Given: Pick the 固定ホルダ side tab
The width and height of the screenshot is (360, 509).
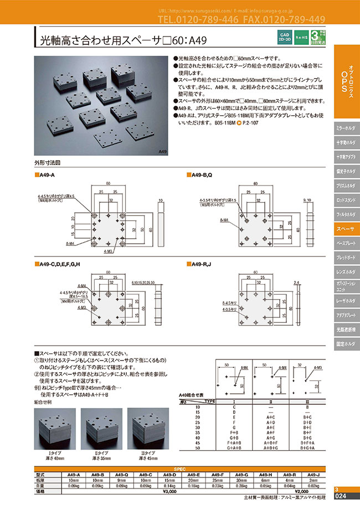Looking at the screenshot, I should [x=346, y=344].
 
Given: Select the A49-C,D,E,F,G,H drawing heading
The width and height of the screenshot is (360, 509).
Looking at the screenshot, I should [x=61, y=265].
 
